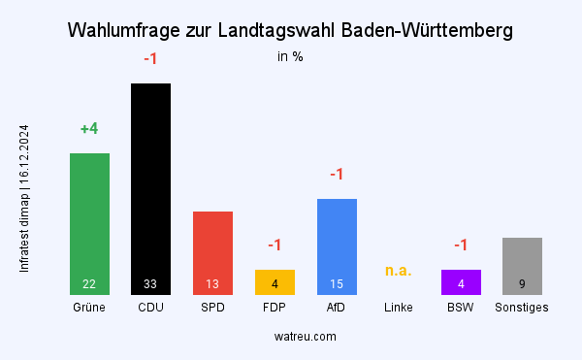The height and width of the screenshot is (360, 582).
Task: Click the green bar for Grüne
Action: click(89, 223)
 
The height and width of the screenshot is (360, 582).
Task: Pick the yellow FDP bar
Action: click(275, 281)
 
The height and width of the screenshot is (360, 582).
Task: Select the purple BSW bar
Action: click(461, 281)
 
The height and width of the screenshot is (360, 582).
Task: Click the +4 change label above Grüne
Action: click(89, 129)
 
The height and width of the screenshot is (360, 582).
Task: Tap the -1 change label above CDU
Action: click(150, 59)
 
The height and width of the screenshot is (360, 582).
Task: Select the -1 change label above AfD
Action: click(337, 175)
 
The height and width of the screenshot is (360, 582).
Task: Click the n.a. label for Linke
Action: click(399, 271)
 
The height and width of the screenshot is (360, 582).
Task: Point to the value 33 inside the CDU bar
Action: click(150, 284)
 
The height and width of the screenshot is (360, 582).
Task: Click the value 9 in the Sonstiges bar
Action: click(522, 284)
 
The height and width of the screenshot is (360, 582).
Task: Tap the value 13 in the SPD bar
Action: click(212, 284)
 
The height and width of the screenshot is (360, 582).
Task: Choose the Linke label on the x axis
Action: click(399, 308)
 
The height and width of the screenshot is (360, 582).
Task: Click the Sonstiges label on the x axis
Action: click(522, 308)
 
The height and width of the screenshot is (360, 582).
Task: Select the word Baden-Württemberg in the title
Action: click(428, 31)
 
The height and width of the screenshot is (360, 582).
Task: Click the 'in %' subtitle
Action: click(290, 56)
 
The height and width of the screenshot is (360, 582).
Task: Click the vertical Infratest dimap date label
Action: click(25, 197)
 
